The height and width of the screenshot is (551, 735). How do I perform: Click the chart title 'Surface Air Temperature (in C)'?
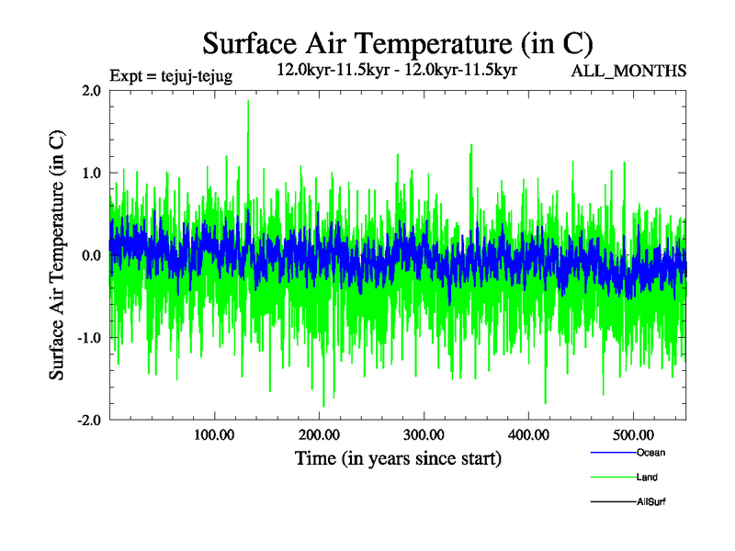[398, 43]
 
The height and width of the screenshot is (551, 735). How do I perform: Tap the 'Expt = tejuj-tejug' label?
[170, 75]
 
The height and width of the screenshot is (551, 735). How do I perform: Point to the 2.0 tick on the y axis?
[91, 90]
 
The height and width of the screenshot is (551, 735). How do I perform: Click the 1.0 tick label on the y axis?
[91, 173]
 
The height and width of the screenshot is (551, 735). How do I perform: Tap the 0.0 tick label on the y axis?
[91, 254]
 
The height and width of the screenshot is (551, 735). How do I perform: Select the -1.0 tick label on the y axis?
[88, 337]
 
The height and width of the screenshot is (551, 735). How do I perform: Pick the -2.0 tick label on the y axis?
[88, 420]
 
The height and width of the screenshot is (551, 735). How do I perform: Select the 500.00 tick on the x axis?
[633, 434]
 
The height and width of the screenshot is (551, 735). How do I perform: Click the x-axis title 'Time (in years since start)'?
[398, 458]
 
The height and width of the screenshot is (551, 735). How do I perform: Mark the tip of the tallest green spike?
[248, 100]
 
